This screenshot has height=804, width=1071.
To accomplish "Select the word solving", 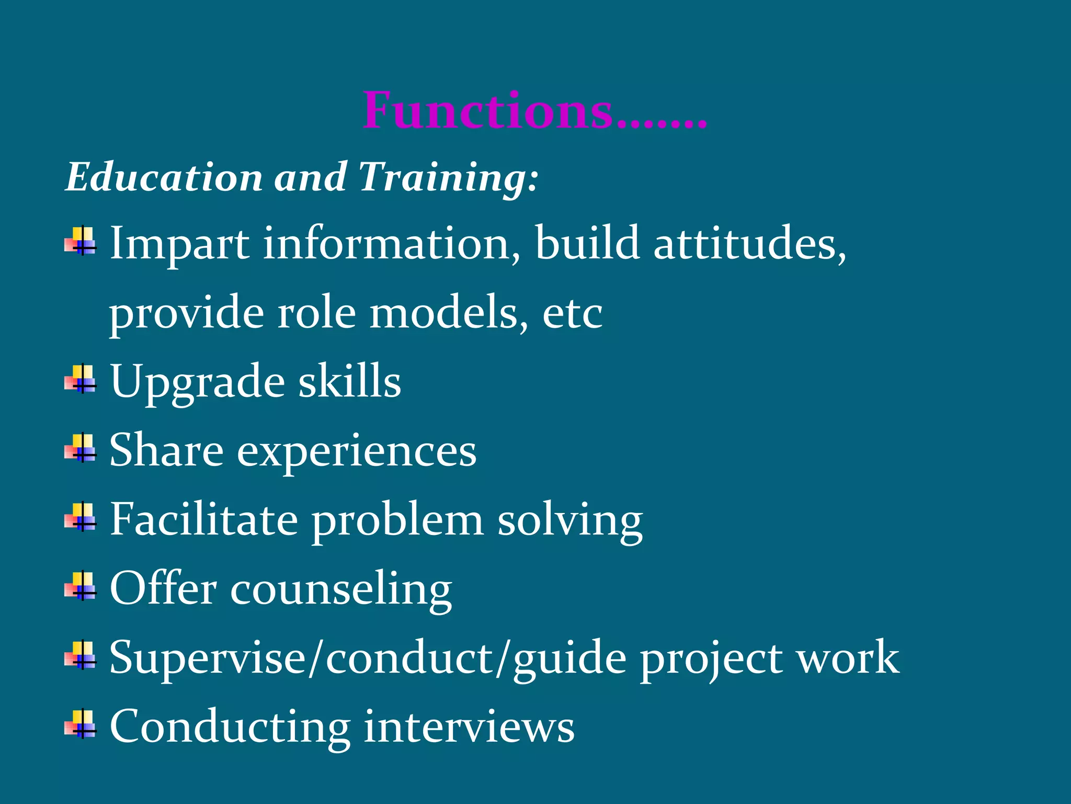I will [569, 521].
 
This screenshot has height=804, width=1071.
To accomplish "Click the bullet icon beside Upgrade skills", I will [81, 379].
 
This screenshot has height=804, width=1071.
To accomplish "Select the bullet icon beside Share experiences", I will [81, 448].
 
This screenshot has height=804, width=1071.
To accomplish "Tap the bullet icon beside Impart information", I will [81, 241].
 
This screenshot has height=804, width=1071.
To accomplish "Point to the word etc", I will [572, 314].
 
